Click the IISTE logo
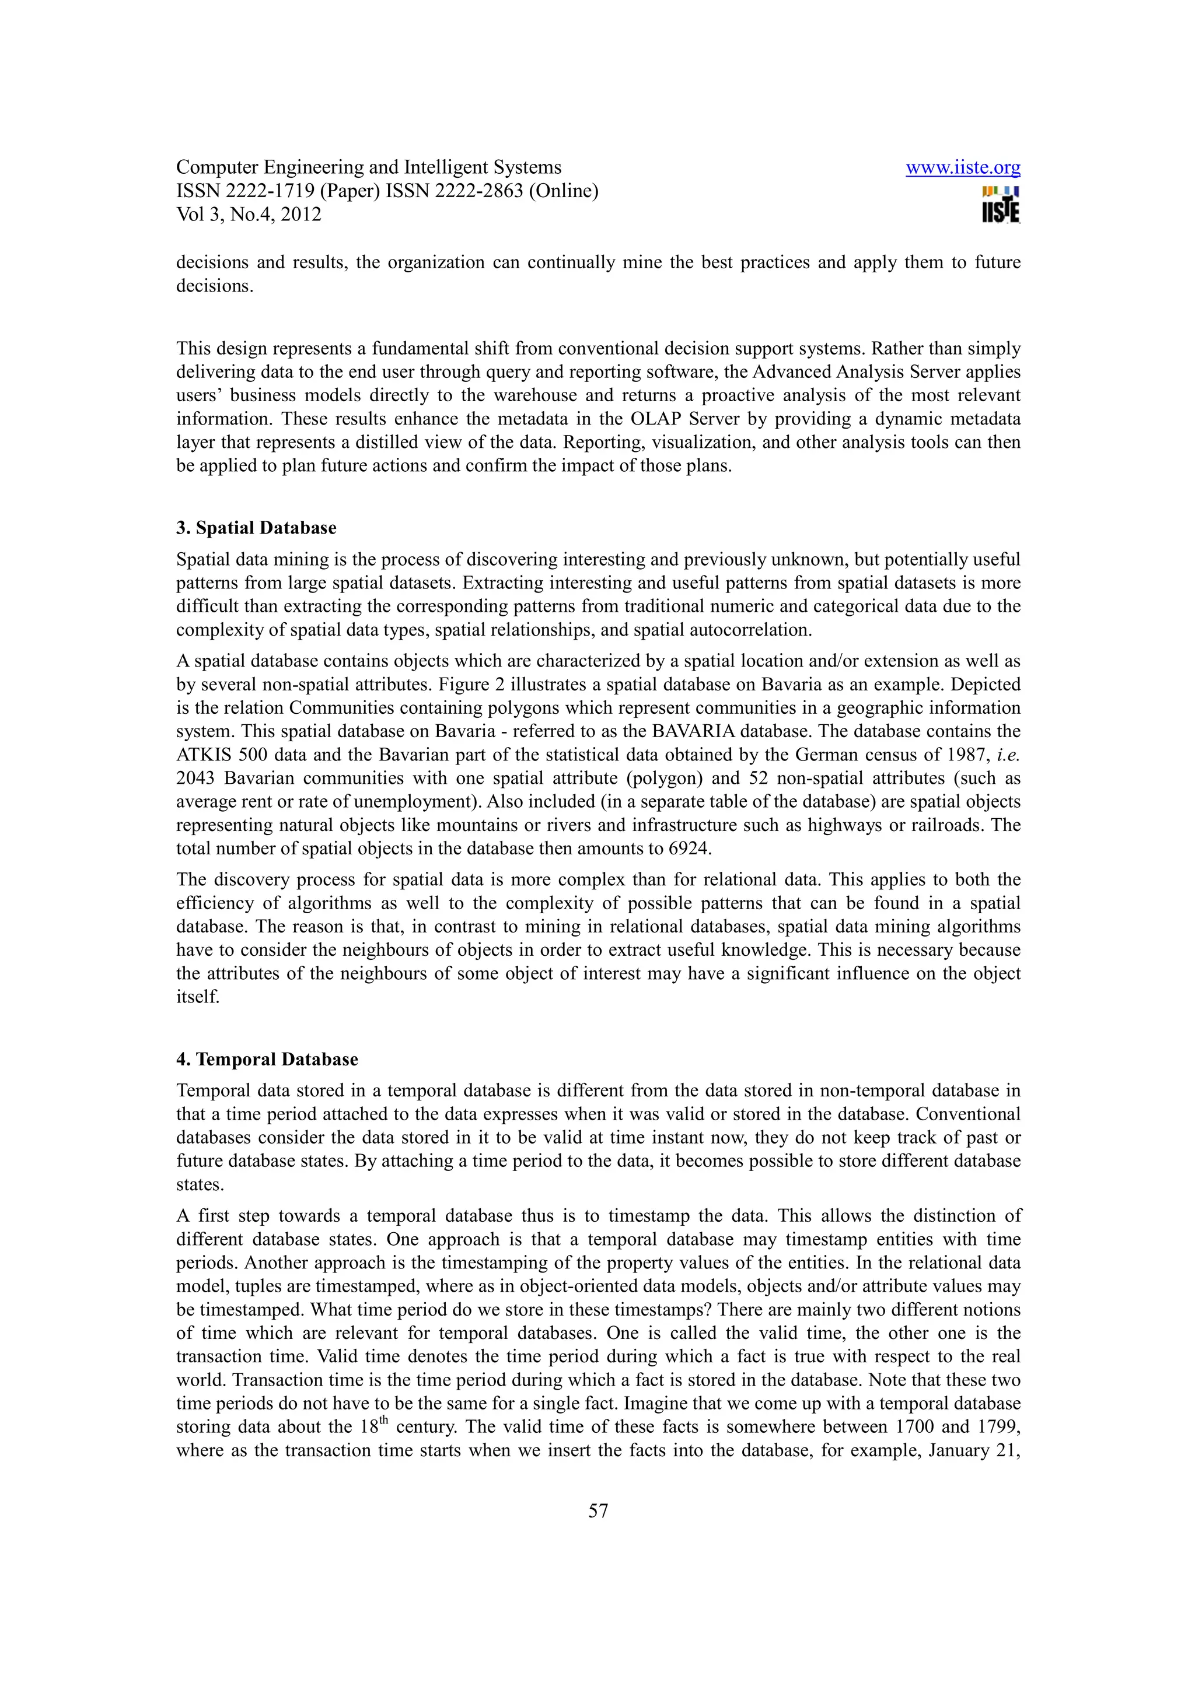pyautogui.click(x=1000, y=205)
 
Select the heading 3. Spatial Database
pyautogui.click(x=256, y=528)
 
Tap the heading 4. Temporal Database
pyautogui.click(x=267, y=1059)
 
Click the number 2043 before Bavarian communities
pyautogui.click(x=194, y=778)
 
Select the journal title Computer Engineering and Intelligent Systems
pyautogui.click(x=368, y=168)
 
